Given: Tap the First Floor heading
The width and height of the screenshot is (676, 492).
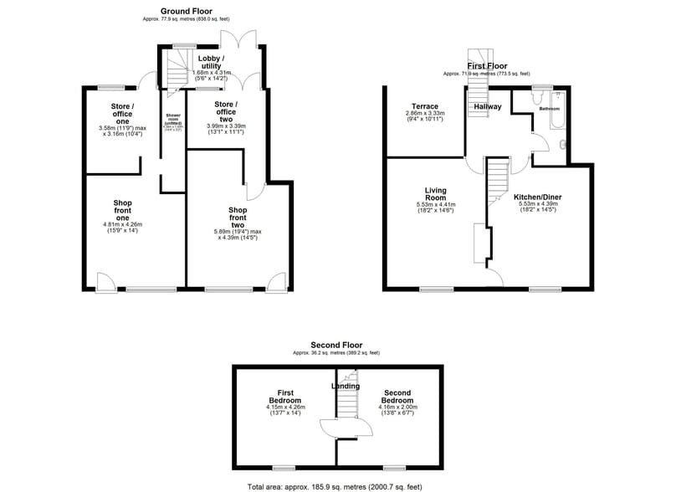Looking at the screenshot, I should pos(488,64).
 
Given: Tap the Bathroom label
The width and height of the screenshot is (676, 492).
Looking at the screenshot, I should pos(550,109).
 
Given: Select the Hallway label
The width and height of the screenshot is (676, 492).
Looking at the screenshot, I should pos(487,107).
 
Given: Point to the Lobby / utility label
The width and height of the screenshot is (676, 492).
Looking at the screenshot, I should pos(210,62).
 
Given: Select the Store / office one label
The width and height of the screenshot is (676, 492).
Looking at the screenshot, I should pos(122,115).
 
